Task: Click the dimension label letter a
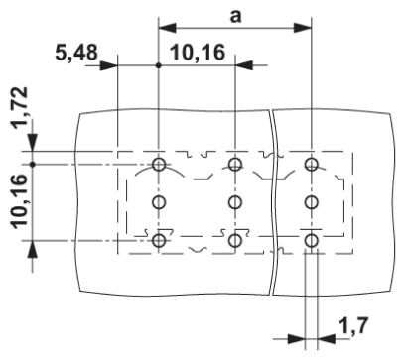click(x=235, y=17)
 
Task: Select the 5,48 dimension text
click(x=76, y=53)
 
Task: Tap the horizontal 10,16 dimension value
click(x=198, y=53)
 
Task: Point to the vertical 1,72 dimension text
click(x=20, y=108)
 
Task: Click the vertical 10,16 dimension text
click(x=20, y=201)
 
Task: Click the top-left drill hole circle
click(x=159, y=164)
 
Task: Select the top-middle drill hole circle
click(x=235, y=164)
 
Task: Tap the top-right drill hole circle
click(x=311, y=164)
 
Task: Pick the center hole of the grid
click(x=235, y=202)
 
